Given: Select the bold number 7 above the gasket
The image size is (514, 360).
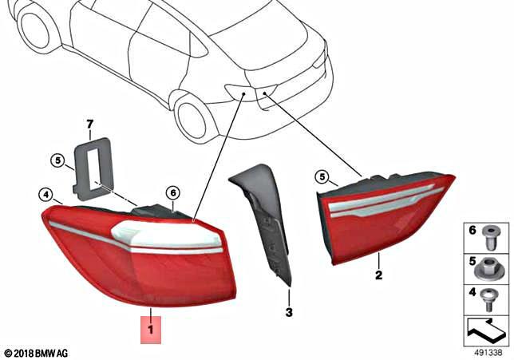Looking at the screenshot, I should point(90,124).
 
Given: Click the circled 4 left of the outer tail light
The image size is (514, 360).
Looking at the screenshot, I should point(46,193).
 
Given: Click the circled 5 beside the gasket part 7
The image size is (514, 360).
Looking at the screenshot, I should point(57,160).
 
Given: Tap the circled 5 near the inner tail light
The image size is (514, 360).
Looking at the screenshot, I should point(322,176).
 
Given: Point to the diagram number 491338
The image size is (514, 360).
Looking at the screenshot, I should point(488,351).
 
